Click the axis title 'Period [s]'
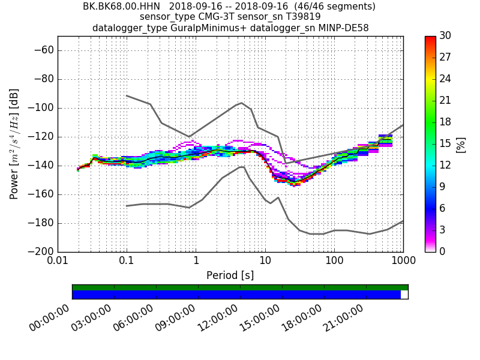pos(230,275)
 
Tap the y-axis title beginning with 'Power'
pos(14,144)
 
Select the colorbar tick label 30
pos(445,36)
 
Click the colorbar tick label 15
pos(445,143)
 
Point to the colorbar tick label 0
pos(443,251)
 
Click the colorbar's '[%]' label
pos(461,144)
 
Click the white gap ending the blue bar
pos(404,295)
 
